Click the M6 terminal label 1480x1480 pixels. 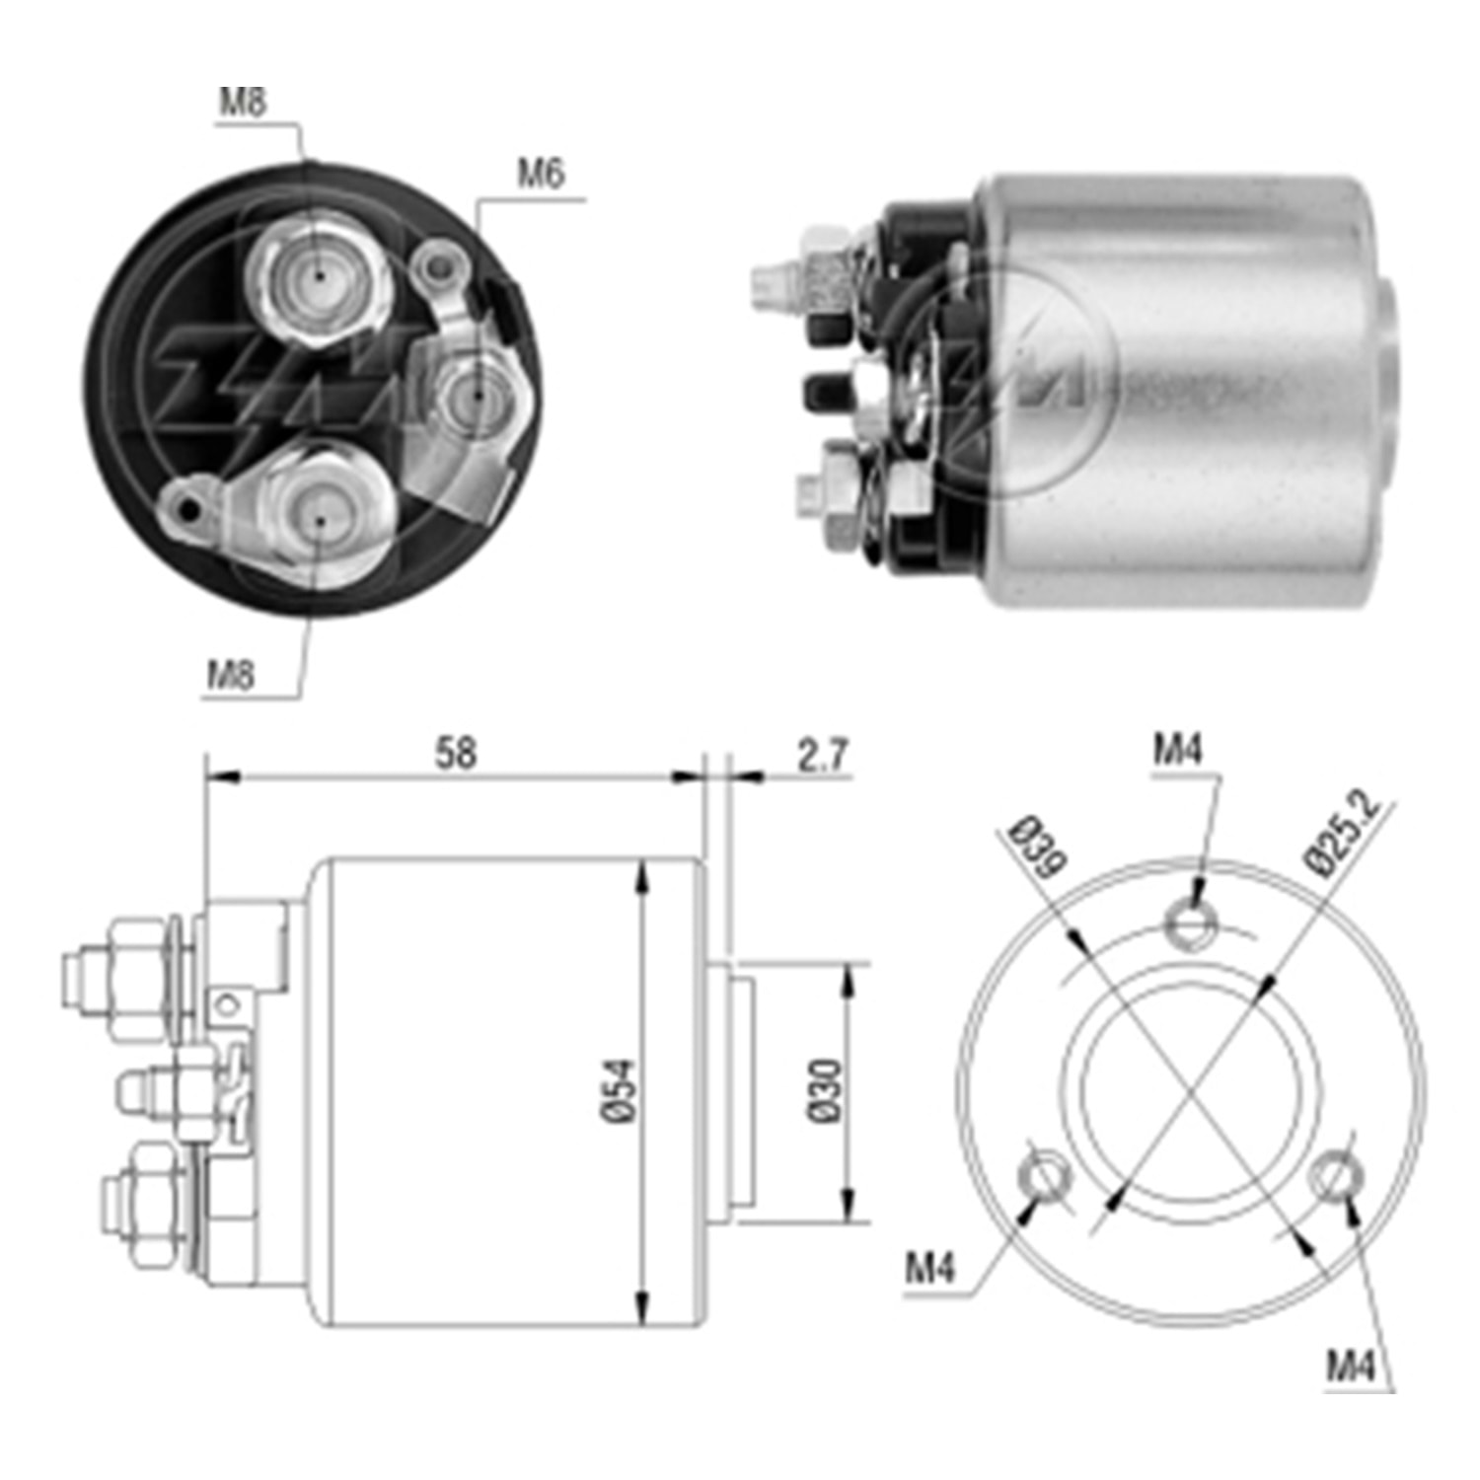coord(541,175)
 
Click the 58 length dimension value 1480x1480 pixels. coord(456,754)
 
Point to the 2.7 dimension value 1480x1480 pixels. coord(822,755)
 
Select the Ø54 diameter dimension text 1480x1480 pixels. coord(619,1090)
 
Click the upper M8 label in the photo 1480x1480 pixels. coord(243,103)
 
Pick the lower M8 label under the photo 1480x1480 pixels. coord(230,675)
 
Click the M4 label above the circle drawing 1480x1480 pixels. coord(1178,751)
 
